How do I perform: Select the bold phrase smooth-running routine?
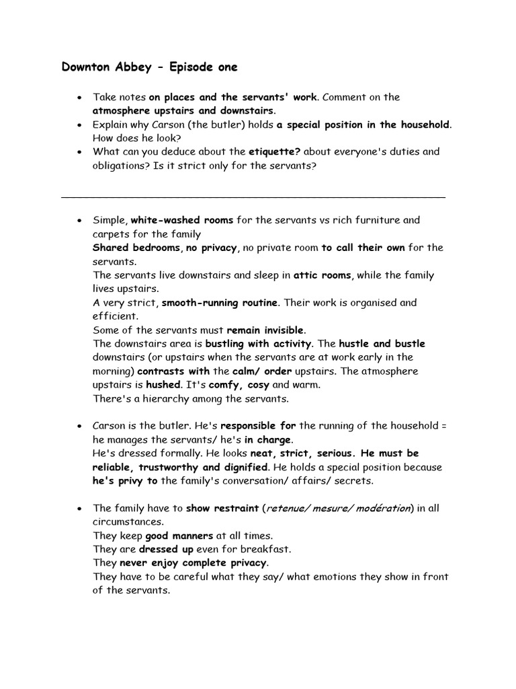click(x=220, y=303)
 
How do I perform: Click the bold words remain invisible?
click(x=265, y=330)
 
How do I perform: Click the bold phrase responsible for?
click(x=259, y=426)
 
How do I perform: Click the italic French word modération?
click(x=383, y=508)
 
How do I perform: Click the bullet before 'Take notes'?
click(x=79, y=98)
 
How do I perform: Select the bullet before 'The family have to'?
click(x=79, y=509)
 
